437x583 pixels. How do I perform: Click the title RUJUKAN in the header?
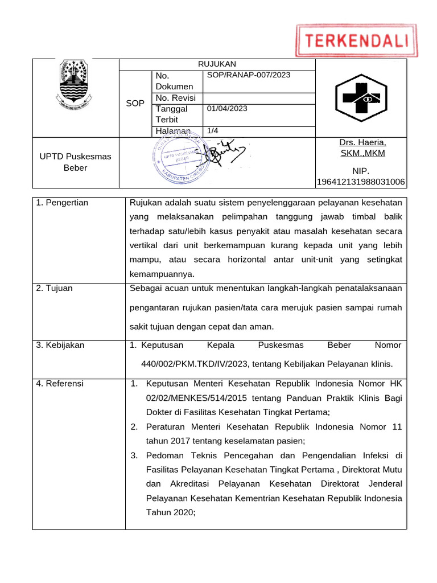(x=217, y=64)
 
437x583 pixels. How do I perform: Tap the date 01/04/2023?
(x=227, y=109)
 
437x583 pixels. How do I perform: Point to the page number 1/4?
(x=213, y=131)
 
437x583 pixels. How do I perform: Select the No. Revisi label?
(x=175, y=98)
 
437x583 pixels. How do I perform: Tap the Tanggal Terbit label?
(x=171, y=114)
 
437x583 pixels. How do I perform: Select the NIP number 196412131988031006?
(x=361, y=182)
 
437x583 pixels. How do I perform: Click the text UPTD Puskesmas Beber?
(x=75, y=162)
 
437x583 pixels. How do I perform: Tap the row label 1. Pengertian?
(x=62, y=203)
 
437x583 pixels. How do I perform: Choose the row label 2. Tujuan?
(x=54, y=288)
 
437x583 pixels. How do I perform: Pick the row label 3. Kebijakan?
(x=60, y=345)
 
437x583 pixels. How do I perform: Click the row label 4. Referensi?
(x=60, y=384)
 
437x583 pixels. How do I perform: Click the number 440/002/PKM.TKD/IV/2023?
(x=193, y=364)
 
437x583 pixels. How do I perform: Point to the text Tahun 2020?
(x=171, y=512)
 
